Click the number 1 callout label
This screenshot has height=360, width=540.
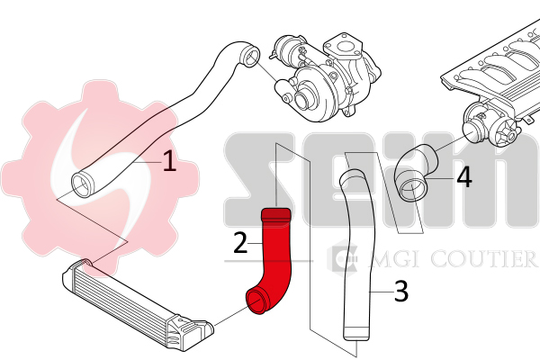pyautogui.click(x=169, y=160)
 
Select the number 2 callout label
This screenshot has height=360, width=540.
pyautogui.click(x=240, y=242)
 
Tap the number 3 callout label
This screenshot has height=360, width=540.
pyautogui.click(x=400, y=291)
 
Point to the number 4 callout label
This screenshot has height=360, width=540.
pyautogui.click(x=464, y=177)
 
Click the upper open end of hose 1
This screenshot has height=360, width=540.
pyautogui.click(x=249, y=56)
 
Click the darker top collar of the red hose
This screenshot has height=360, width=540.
pyautogui.click(x=276, y=214)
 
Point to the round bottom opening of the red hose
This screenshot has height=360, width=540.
pyautogui.click(x=256, y=301)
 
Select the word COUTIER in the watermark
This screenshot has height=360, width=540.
pyautogui.click(x=483, y=258)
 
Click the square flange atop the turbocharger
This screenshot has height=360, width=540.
pyautogui.click(x=343, y=47)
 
